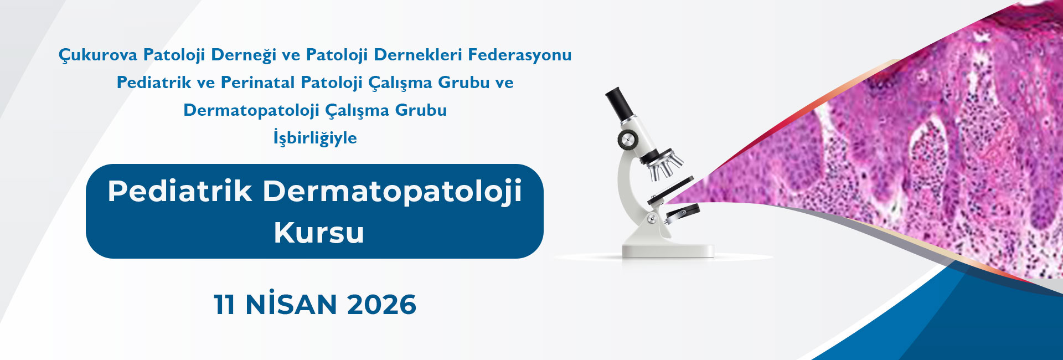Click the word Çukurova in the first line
coord(98,55)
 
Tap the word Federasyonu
coord(520,55)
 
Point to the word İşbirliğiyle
coord(315,137)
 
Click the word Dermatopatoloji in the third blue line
coord(251,110)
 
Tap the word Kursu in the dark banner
coord(319,233)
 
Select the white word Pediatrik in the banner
coord(180,191)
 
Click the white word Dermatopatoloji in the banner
coord(392,192)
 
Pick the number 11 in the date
coord(224,305)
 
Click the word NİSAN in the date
coord(291,304)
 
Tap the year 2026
coord(381,305)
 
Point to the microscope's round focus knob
coord(628,140)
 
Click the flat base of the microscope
coord(668,250)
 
